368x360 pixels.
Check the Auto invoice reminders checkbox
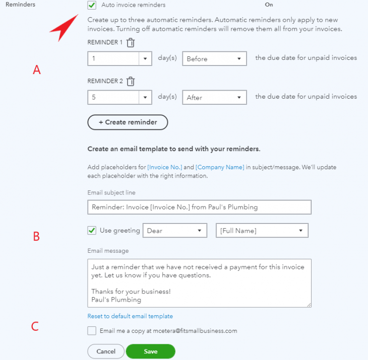point(92,5)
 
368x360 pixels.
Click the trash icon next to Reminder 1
point(131,43)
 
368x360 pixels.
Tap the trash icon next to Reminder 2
point(131,81)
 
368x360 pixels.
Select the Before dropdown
point(214,59)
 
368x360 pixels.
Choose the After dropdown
point(214,97)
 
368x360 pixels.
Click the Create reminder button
point(128,122)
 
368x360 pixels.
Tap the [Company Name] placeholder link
point(220,167)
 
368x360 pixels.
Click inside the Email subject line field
point(199,207)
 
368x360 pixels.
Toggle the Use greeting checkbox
point(92,231)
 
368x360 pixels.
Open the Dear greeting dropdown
point(175,231)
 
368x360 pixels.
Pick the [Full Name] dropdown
point(262,231)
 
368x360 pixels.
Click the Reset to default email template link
point(130,316)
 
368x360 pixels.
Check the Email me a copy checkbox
point(92,331)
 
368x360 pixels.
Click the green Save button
point(150,351)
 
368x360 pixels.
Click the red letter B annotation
point(36,236)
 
